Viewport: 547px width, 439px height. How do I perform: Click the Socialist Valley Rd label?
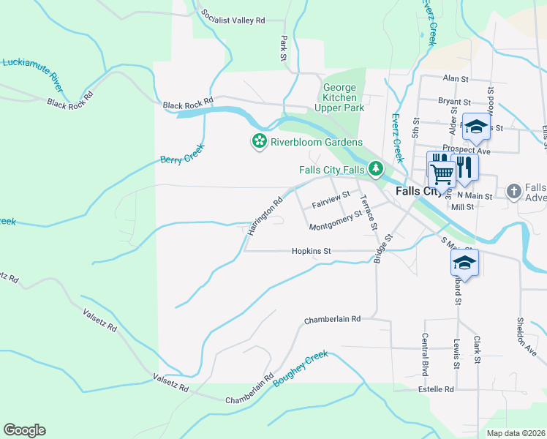coord(232,20)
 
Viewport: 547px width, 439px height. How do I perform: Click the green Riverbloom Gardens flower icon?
coord(258,141)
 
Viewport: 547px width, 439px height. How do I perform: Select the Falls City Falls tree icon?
coord(376,170)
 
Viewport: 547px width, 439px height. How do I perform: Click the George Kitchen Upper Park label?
coord(344,98)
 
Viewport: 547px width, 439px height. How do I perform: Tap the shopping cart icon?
coord(441,175)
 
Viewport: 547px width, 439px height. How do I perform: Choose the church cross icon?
coord(514,192)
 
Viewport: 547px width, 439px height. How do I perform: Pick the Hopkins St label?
coord(312,251)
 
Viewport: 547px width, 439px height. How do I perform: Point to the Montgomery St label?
coord(336,221)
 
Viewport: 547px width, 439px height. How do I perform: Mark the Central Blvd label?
coord(424,350)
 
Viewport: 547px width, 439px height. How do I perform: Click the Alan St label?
coord(455,78)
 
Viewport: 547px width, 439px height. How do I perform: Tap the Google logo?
coord(24,430)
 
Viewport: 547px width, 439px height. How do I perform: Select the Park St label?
coord(284,47)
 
